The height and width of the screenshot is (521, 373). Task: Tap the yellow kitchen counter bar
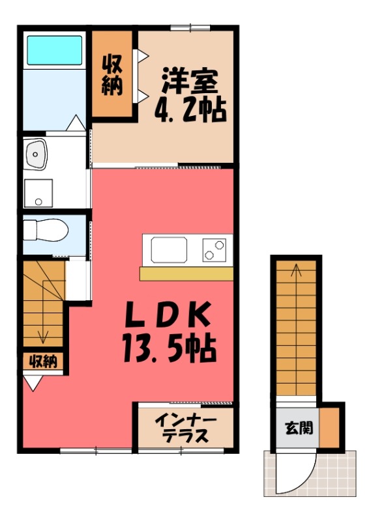186,274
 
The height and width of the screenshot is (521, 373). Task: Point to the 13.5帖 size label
168,350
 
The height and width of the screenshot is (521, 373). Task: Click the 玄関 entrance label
297,428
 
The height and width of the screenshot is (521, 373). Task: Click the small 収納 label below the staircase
43,361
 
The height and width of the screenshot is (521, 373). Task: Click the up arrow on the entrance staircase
295,270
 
